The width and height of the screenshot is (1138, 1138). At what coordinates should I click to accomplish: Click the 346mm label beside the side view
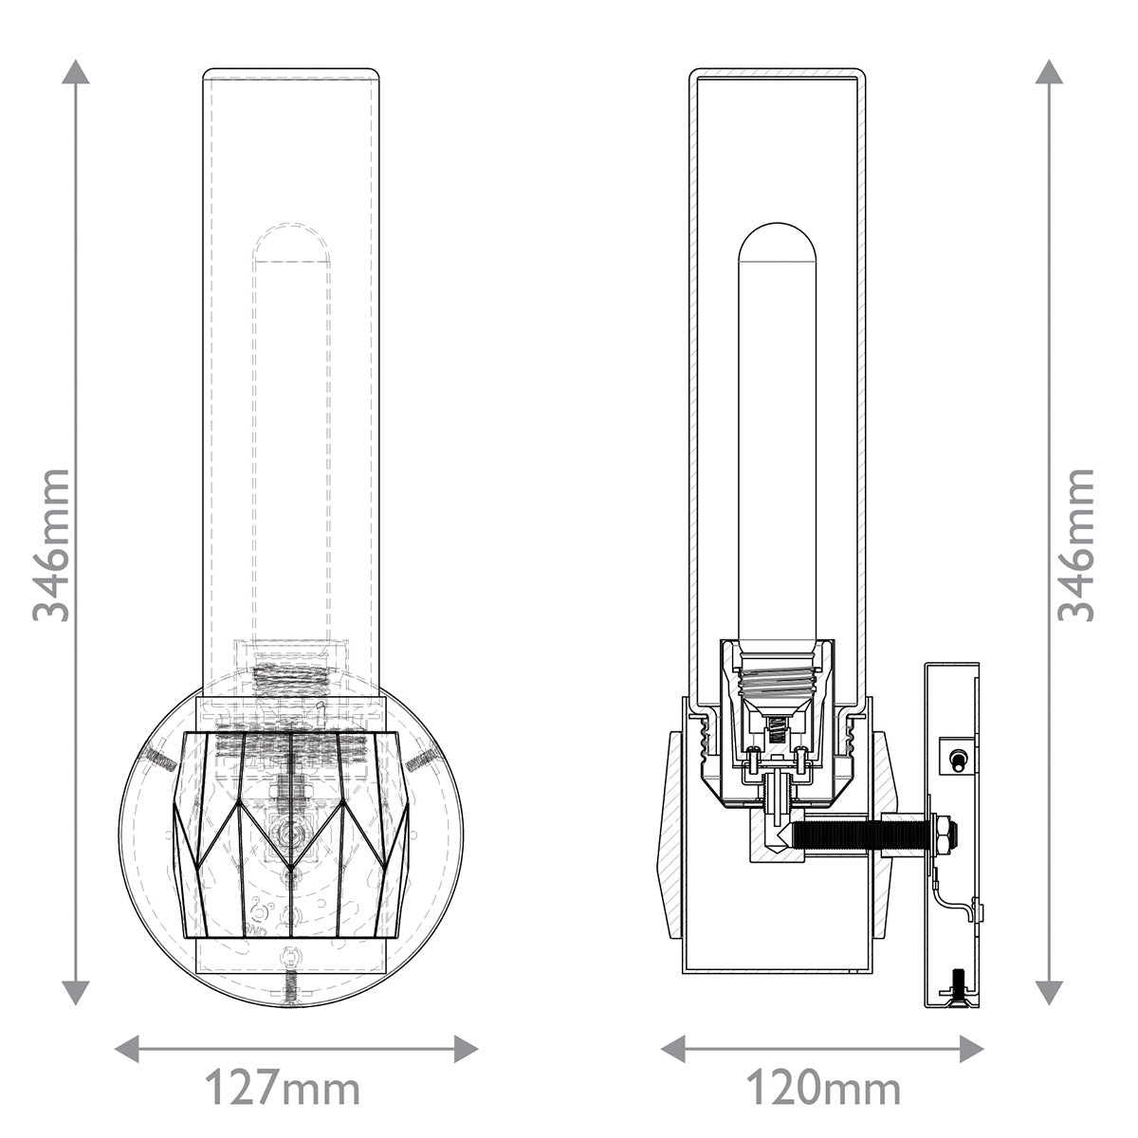click(1076, 544)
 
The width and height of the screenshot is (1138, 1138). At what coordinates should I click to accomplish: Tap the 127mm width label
click(284, 1089)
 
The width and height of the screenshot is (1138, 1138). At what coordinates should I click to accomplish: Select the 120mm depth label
click(823, 1089)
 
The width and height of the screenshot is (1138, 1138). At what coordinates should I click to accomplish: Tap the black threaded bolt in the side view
click(839, 835)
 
